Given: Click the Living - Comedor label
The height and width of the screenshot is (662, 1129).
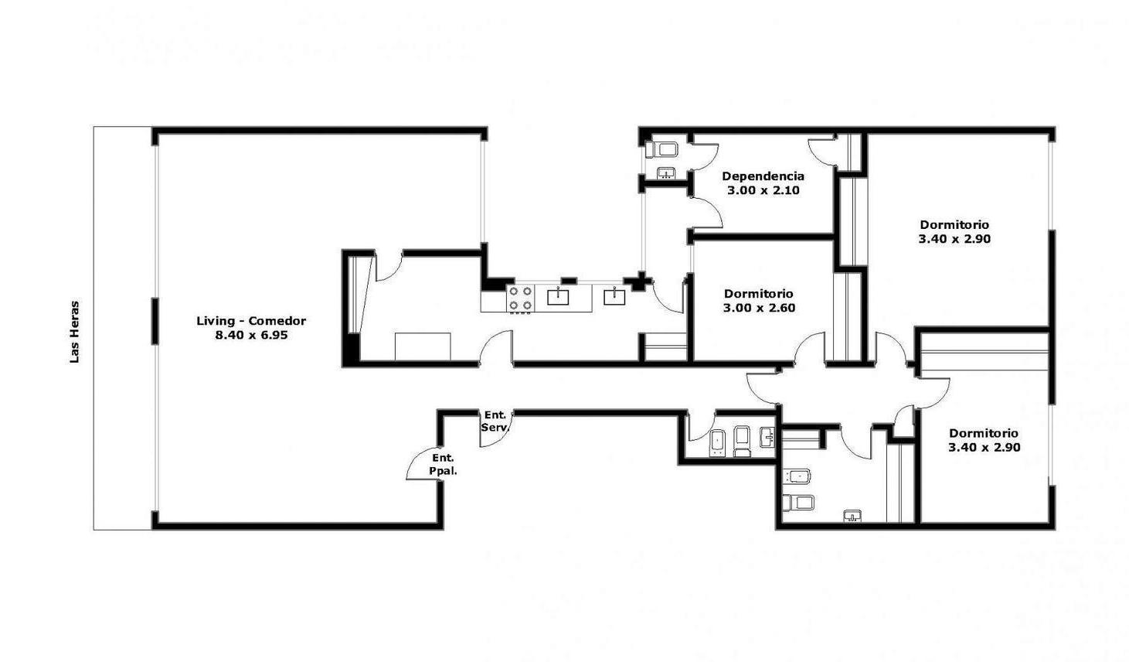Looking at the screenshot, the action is [251, 321].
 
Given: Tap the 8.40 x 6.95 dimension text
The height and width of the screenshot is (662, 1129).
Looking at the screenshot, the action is [251, 335].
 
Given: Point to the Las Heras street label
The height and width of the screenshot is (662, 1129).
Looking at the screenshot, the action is [75, 332].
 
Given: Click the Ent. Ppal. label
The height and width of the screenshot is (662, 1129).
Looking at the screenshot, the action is [443, 465].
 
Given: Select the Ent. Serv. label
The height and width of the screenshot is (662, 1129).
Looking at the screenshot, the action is [495, 421].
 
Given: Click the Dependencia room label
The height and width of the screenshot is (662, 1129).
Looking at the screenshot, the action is [763, 176].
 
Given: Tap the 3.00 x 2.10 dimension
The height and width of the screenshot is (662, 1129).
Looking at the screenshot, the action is [763, 190].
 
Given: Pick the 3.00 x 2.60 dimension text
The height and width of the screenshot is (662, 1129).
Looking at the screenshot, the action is [759, 308].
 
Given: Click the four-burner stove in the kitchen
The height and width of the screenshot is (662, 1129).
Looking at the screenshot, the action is [521, 299].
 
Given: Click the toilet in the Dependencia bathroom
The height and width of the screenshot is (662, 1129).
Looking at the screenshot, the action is [662, 149].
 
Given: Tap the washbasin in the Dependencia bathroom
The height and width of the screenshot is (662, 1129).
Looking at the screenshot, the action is [667, 173].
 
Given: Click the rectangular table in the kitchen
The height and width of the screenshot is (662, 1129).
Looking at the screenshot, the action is [423, 346].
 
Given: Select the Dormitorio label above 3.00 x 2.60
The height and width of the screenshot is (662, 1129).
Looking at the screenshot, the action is [759, 294].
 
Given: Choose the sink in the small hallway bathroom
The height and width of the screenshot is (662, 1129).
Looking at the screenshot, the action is [767, 436].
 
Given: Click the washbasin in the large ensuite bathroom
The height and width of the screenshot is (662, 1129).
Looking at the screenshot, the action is [852, 516].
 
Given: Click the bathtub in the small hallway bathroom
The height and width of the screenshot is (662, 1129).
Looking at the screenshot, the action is [718, 443].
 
